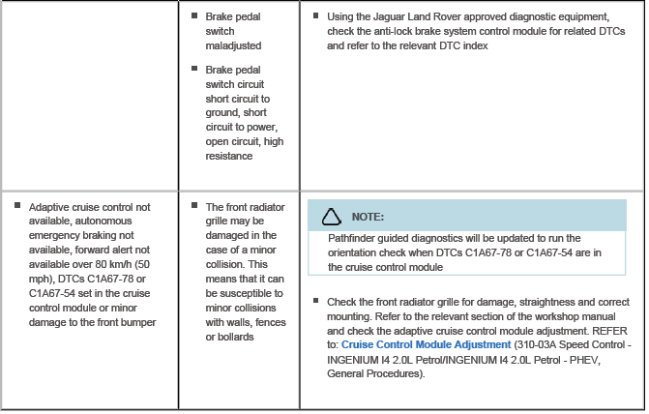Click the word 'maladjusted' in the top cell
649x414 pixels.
[233, 45]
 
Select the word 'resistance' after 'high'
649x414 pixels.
[229, 156]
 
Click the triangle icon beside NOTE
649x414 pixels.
[332, 216]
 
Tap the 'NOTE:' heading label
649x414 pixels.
[368, 217]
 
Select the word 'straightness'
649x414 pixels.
[529, 302]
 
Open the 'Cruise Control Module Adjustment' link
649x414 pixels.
[426, 344]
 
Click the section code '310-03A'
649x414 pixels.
[535, 344]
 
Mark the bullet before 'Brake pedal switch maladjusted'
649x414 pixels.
[194, 16]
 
